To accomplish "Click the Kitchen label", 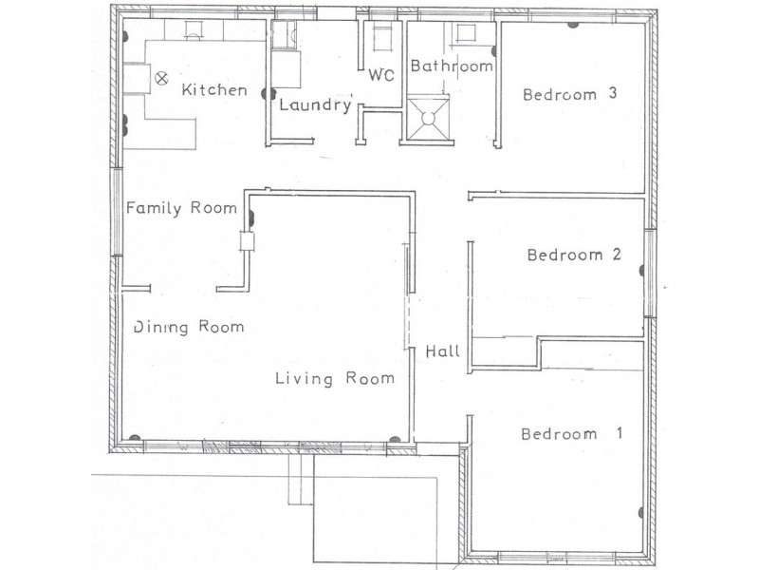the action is point(214,89).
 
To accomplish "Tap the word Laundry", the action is point(316,104).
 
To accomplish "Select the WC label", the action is point(381,75).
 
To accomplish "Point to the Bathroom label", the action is point(452,66).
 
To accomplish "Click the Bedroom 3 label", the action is point(570,93).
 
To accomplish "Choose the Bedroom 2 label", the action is point(575,255).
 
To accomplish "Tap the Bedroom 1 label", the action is point(572,433).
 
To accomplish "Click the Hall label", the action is point(442,351).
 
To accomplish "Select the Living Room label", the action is point(335,378).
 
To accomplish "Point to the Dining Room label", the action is point(189,327).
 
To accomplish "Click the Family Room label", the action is point(181,208).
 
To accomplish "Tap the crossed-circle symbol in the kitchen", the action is point(161,78).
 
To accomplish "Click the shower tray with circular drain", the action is point(428,118).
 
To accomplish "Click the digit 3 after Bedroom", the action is point(613,92).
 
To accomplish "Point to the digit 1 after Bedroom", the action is point(620,432).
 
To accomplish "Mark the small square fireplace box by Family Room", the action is point(247,241).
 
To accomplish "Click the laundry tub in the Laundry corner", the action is point(284,35).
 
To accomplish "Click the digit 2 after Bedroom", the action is point(617,254).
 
